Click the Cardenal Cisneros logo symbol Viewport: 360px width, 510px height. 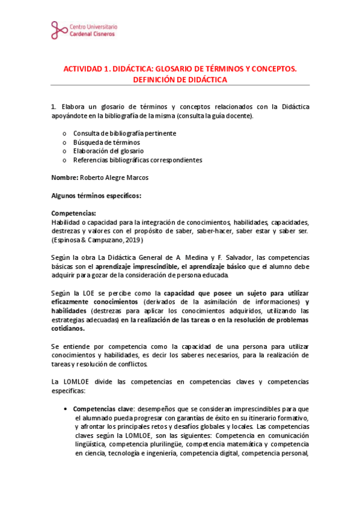[x=59, y=29]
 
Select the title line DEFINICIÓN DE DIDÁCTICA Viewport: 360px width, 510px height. [x=180, y=80]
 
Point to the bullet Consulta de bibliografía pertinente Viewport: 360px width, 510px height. [x=124, y=133]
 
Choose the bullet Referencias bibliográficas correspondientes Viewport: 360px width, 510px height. [x=138, y=160]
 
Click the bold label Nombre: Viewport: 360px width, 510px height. [x=65, y=178]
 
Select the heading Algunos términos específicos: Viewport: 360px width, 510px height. [x=96, y=195]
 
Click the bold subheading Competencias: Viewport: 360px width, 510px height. [x=73, y=214]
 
